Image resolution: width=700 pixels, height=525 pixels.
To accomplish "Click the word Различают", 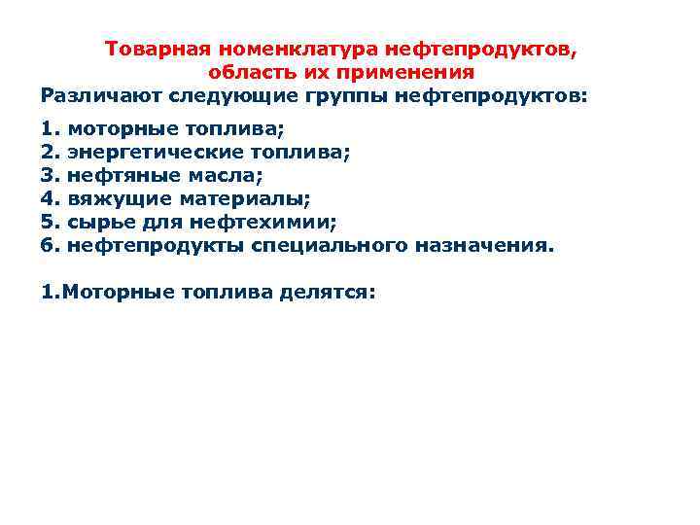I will tap(101, 96).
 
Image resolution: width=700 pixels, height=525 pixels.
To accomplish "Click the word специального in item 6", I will tap(330, 246).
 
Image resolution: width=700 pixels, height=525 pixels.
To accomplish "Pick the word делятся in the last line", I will tap(327, 292).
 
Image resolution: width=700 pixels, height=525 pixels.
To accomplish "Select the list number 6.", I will tap(49, 246).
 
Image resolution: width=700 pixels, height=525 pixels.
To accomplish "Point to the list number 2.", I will tap(49, 152).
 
